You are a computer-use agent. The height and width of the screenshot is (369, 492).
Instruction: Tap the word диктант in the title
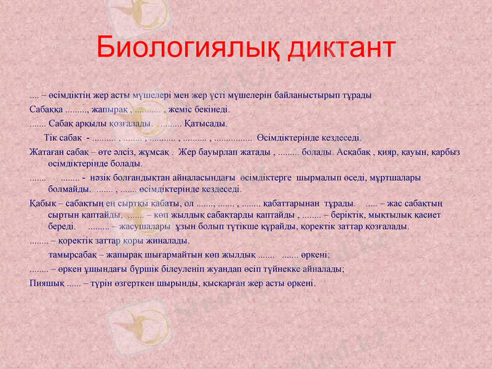point(342,47)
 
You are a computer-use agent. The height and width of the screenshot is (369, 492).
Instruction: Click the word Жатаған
point(47,151)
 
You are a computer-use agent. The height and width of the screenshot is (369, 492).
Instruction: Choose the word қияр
point(389,151)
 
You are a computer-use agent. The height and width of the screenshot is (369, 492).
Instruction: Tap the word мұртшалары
point(395,178)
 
